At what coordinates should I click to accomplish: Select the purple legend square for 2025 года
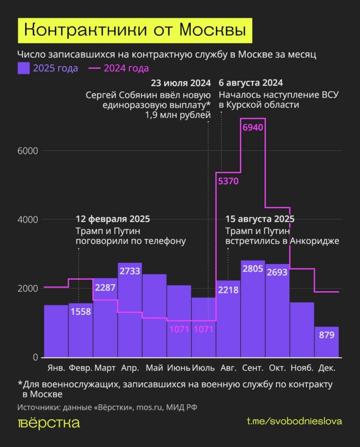[x=23, y=68]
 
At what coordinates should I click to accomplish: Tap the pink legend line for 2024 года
[x=94, y=68]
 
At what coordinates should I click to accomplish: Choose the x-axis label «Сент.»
[x=252, y=368]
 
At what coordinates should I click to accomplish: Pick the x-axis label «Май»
[x=154, y=368]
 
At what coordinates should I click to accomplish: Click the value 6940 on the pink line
[x=252, y=127]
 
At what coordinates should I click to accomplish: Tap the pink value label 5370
[x=228, y=182]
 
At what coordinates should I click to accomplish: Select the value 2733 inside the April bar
[x=130, y=271]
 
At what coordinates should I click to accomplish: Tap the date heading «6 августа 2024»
[x=251, y=83]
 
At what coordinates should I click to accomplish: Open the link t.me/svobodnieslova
[x=295, y=421]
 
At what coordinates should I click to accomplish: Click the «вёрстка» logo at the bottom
[x=49, y=423]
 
